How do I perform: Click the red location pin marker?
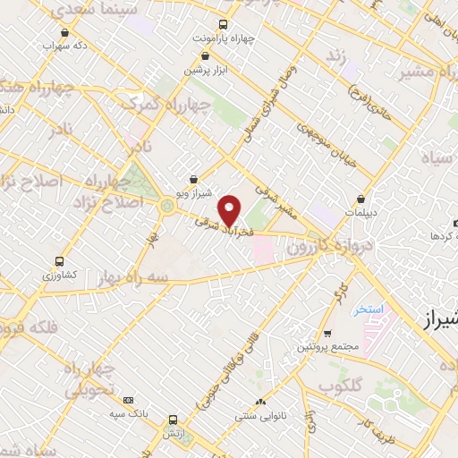(x=230, y=210)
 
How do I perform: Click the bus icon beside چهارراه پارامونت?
(x=222, y=24)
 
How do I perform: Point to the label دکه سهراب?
(x=74, y=44)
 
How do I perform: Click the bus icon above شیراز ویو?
(x=194, y=178)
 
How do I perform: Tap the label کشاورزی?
(x=61, y=276)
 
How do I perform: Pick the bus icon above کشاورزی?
(x=60, y=261)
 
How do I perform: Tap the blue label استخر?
(x=368, y=309)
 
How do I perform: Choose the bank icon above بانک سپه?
(x=129, y=400)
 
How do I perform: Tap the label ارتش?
(x=172, y=433)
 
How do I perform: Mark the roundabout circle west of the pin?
(x=167, y=208)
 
